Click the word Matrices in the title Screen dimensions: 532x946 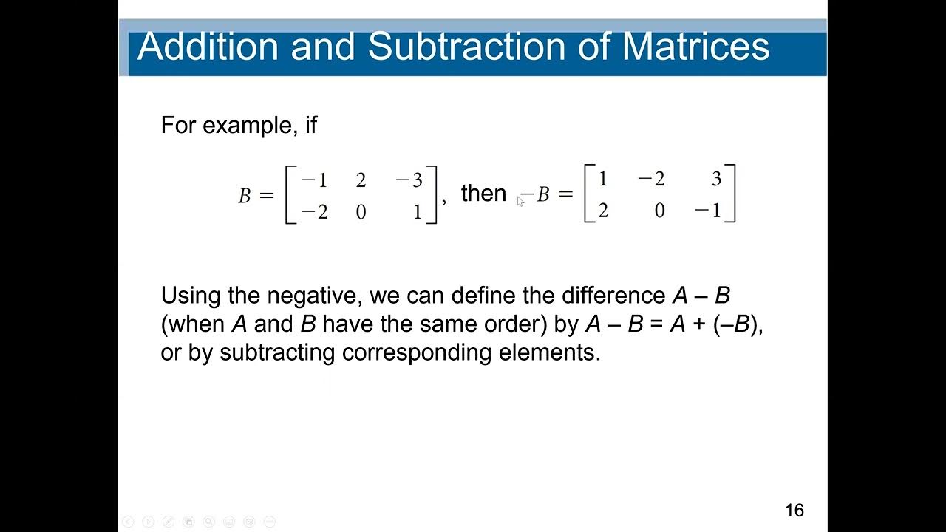(x=695, y=46)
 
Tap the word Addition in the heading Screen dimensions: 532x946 (x=208, y=46)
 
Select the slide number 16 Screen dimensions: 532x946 (x=794, y=510)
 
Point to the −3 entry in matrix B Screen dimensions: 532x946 (x=409, y=180)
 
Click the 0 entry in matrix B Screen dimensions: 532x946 (x=361, y=213)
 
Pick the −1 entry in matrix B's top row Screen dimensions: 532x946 (x=314, y=180)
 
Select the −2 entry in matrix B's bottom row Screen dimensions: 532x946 (x=314, y=213)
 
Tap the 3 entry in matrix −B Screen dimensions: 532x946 (x=716, y=179)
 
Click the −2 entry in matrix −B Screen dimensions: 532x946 (x=650, y=179)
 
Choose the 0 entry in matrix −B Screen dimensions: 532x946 (x=659, y=211)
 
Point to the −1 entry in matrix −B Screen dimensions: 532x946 (x=708, y=211)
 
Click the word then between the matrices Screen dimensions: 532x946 (x=483, y=194)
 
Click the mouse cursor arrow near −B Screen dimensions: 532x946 (x=520, y=201)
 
